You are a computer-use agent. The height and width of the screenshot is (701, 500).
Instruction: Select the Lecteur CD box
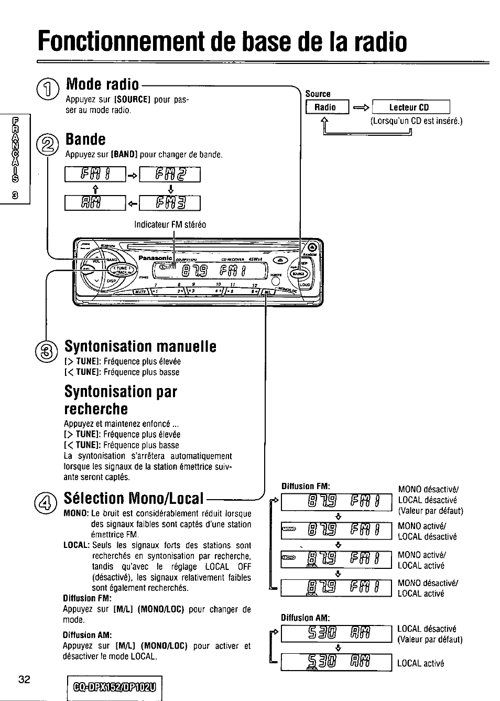(x=410, y=107)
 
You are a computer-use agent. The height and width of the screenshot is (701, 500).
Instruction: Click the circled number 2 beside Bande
(x=48, y=142)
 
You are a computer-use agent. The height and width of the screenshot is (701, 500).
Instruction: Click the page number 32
(x=24, y=680)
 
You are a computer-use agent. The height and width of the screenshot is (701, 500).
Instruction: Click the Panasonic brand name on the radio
(x=156, y=257)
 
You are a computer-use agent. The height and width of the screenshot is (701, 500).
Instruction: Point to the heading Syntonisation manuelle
(x=140, y=347)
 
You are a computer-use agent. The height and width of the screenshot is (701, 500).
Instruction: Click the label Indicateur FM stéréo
(x=170, y=224)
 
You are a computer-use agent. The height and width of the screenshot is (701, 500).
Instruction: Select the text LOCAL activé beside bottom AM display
(x=420, y=663)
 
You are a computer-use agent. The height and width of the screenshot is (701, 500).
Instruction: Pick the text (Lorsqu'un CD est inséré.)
(x=416, y=121)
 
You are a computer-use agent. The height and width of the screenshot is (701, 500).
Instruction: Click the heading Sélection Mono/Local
(x=134, y=498)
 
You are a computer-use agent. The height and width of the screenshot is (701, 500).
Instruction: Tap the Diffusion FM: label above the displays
(x=305, y=486)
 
